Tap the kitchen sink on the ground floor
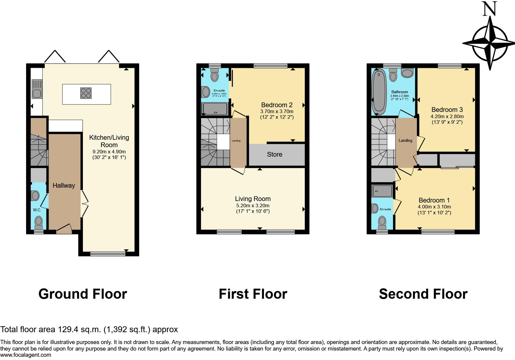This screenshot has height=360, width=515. pyautogui.click(x=37, y=89)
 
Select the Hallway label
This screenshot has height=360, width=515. pyautogui.click(x=64, y=186)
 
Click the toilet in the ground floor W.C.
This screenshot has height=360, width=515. pyautogui.click(x=38, y=221)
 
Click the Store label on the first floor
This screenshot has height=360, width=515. pyautogui.click(x=275, y=154)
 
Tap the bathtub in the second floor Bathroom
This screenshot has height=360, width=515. pyautogui.click(x=378, y=92)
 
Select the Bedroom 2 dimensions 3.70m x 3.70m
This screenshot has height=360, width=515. pyautogui.click(x=277, y=112)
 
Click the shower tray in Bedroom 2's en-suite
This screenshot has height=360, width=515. pyautogui.click(x=215, y=109)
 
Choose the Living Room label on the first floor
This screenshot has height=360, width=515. pyautogui.click(x=253, y=199)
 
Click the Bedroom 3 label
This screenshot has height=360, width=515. pyautogui.click(x=447, y=110)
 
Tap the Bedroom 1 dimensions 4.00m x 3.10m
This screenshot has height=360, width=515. pyautogui.click(x=434, y=207)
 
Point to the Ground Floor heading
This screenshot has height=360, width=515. pyautogui.click(x=83, y=294)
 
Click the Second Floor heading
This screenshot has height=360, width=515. pyautogui.click(x=423, y=294)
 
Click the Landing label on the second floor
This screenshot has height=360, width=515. pyautogui.click(x=405, y=141)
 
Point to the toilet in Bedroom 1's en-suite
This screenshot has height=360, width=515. pyautogui.click(x=382, y=221)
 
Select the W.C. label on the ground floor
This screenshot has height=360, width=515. pyautogui.click(x=37, y=210)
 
